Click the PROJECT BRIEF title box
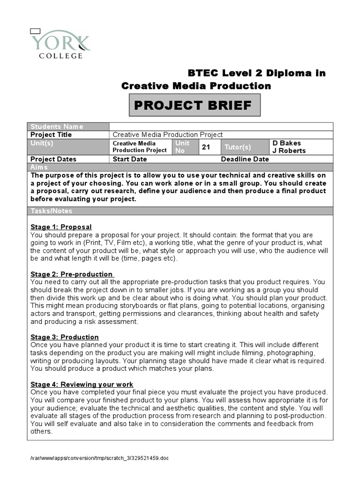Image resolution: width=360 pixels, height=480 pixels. click(194, 105)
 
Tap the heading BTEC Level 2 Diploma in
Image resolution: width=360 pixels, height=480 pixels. click(256, 73)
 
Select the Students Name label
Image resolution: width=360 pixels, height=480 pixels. click(57, 127)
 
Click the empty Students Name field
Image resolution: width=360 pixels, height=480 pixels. click(221, 127)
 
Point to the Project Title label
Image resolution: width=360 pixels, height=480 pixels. click(51, 135)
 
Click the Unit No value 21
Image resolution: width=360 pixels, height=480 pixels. click(206, 147)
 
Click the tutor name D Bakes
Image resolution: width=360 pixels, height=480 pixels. click(286, 143)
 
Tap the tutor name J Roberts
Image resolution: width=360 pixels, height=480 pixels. click(289, 150)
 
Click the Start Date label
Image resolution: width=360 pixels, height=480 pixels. click(130, 159)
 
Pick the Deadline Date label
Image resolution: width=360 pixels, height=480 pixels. click(245, 159)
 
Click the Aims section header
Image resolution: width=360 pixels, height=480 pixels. click(39, 167)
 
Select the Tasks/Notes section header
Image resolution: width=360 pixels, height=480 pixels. click(52, 211)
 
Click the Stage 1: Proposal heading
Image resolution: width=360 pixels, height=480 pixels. click(61, 227)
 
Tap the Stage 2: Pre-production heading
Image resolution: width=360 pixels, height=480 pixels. click(72, 274)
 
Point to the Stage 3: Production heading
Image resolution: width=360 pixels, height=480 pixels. click(65, 337)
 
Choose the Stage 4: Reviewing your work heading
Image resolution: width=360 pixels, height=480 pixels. click(82, 384)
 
